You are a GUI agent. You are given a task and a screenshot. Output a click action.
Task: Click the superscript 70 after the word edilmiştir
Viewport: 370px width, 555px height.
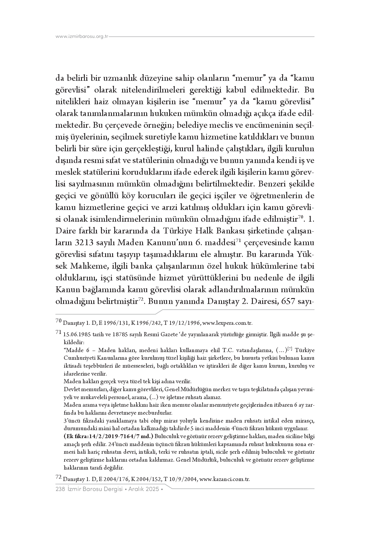pos(300,218)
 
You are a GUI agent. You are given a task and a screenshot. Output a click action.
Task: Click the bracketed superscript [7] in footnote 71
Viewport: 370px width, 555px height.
pos(290,349)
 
